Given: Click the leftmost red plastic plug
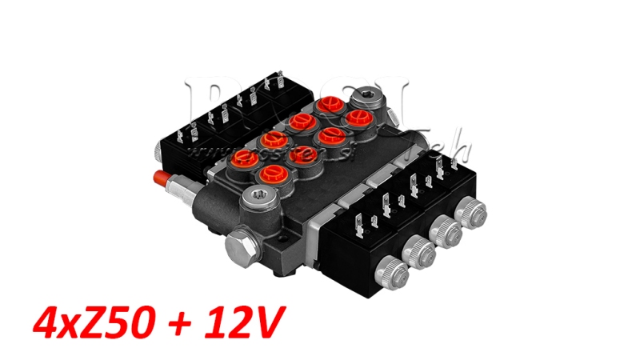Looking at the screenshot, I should click(x=242, y=161).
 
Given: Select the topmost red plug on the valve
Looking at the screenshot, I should click(x=329, y=106).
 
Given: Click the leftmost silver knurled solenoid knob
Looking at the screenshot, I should click(x=394, y=274).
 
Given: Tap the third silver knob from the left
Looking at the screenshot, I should click(x=446, y=232).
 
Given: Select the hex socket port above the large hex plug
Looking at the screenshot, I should click(x=258, y=198).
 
